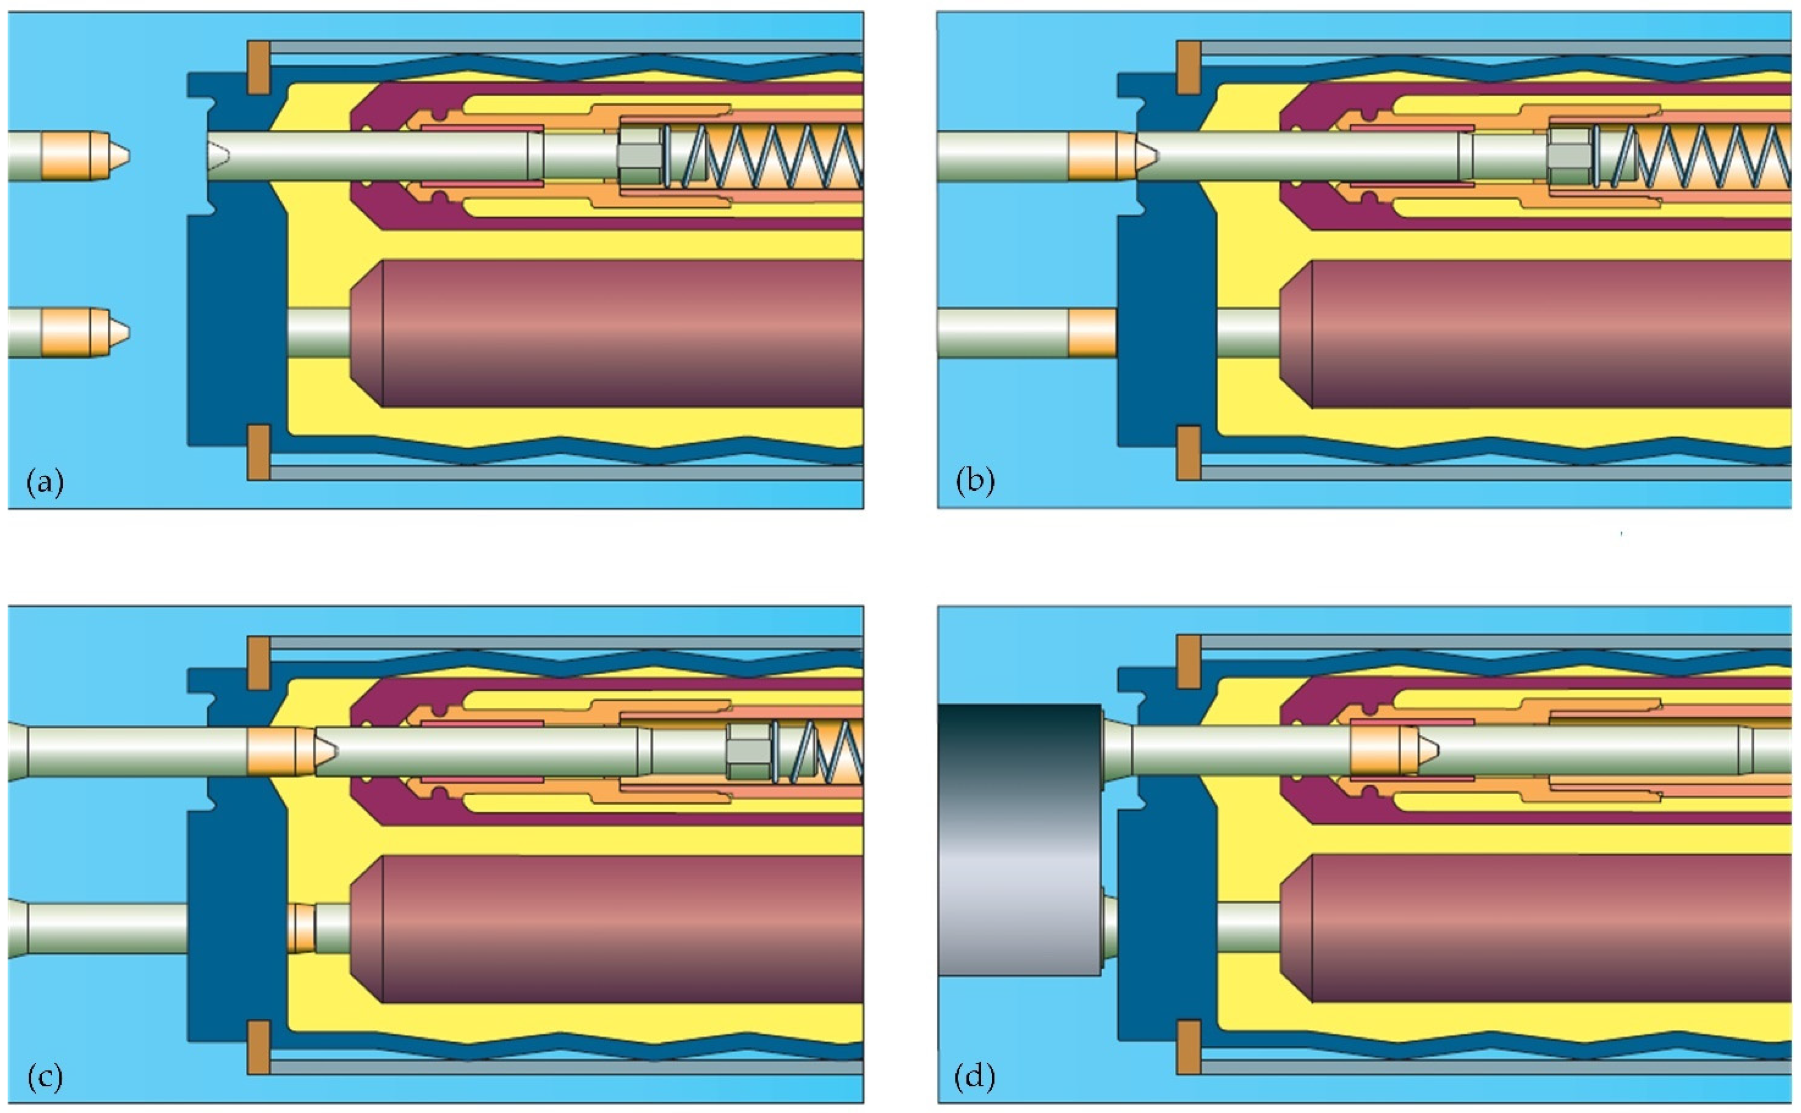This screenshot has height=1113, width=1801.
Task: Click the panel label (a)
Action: pyautogui.click(x=45, y=483)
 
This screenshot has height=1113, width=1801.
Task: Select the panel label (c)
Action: pyautogui.click(x=45, y=1079)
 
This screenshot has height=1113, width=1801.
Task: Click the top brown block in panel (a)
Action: pyautogui.click(x=258, y=68)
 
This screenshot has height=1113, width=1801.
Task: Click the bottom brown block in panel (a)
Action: pyautogui.click(x=258, y=452)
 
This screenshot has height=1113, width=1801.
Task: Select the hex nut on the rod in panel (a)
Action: pyautogui.click(x=640, y=155)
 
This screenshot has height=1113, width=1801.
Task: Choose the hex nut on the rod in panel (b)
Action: pyautogui.click(x=1568, y=155)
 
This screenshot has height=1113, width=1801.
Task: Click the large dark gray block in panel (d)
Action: pyautogui.click(x=1019, y=839)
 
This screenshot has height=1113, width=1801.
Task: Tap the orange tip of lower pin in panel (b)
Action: pyautogui.click(x=1092, y=333)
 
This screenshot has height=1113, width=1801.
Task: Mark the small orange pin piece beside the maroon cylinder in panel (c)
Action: pyautogui.click(x=299, y=928)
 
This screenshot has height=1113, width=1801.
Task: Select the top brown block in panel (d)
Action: pyautogui.click(x=1188, y=663)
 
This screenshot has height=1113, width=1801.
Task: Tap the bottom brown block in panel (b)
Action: pyautogui.click(x=1188, y=452)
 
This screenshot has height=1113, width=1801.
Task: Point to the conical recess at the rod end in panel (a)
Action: pyautogui.click(x=218, y=155)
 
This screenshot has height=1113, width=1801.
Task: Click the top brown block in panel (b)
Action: pyautogui.click(x=1188, y=68)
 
